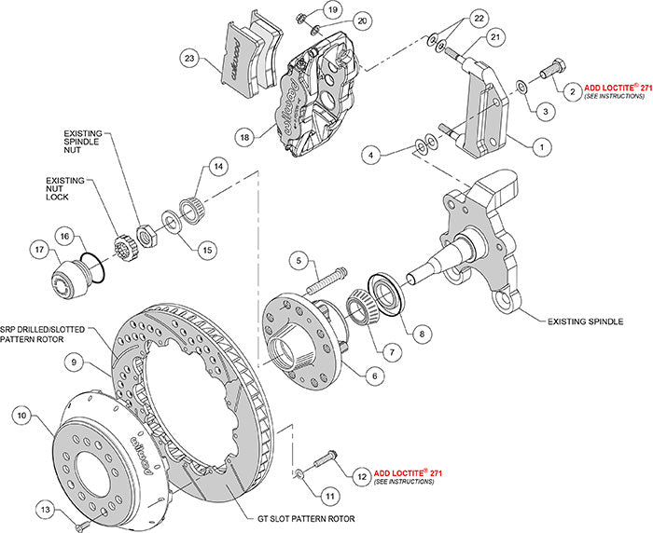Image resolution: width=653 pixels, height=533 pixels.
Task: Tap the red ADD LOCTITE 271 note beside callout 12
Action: pyautogui.click(x=407, y=472)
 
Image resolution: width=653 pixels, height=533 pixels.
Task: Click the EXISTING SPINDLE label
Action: pyautogui.click(x=585, y=321)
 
